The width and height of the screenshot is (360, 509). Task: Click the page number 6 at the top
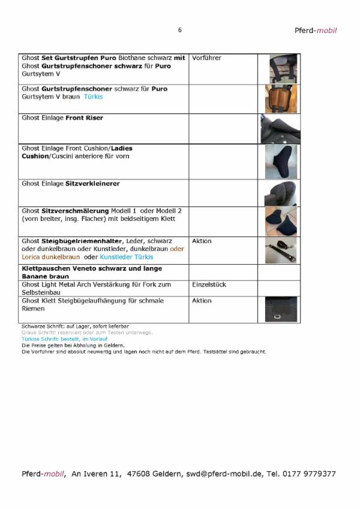[x=179, y=30]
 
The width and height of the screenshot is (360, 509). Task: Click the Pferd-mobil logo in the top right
[x=316, y=30]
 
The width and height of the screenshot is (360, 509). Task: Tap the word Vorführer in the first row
[x=207, y=58]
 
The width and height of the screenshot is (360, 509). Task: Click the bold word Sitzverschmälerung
[x=75, y=211]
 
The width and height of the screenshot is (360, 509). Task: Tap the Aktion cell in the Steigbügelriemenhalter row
[x=202, y=241]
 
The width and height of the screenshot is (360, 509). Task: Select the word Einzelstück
[x=209, y=285]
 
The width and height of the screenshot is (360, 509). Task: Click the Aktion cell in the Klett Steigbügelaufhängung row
[x=202, y=301]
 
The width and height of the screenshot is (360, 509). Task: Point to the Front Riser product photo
[x=280, y=129]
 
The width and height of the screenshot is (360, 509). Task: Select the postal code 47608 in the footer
[x=142, y=474]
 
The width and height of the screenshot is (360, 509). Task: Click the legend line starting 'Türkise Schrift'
[x=64, y=339]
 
